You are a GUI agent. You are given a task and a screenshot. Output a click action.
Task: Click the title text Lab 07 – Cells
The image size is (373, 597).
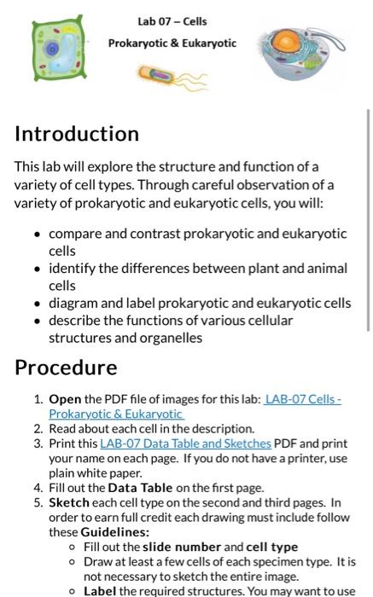tap(172, 21)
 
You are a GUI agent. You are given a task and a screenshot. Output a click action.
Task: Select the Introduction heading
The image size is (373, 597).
tap(77, 134)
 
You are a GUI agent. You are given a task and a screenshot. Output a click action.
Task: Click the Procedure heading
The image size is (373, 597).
tap(66, 368)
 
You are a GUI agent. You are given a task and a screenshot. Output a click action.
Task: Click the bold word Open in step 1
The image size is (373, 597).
tap(65, 399)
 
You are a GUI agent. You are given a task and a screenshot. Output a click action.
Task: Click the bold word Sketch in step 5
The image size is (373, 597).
tap(69, 502)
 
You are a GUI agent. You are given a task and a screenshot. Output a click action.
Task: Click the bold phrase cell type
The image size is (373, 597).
tap(272, 547)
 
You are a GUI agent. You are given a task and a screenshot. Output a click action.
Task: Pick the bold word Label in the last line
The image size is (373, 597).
tap(100, 590)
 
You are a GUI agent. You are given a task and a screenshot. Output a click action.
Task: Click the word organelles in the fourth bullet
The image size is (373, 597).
tap(168, 337)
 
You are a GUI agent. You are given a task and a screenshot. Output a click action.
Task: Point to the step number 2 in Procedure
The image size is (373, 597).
tap(38, 429)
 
